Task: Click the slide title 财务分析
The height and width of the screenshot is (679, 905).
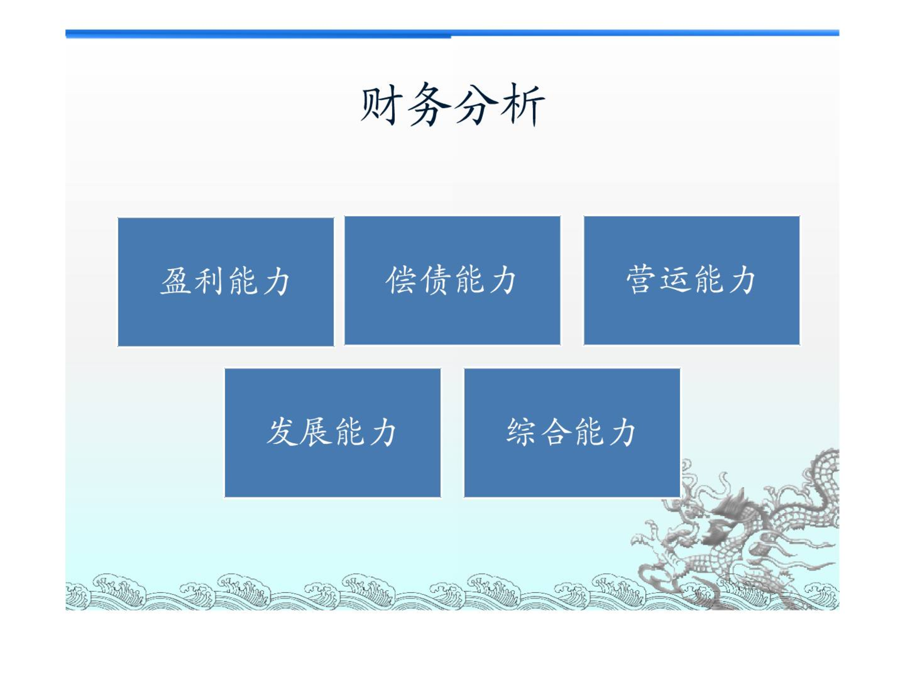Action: point(452,104)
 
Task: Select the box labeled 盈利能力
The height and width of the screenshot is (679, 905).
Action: point(226,282)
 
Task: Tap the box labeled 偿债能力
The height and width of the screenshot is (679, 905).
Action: point(452,281)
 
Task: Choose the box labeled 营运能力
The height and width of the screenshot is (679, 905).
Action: point(691,281)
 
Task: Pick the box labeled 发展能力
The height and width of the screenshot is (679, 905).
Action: point(333,433)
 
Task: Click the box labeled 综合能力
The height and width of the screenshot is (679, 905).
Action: point(572,433)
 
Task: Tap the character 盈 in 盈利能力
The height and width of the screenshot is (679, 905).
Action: point(176,281)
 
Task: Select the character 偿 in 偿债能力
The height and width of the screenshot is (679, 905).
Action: point(401,280)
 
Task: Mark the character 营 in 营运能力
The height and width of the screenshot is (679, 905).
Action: point(641,280)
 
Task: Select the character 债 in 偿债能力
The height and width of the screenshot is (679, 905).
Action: point(436,280)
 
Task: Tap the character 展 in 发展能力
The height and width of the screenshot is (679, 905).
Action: point(316,431)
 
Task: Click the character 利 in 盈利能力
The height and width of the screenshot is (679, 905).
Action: point(209,281)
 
